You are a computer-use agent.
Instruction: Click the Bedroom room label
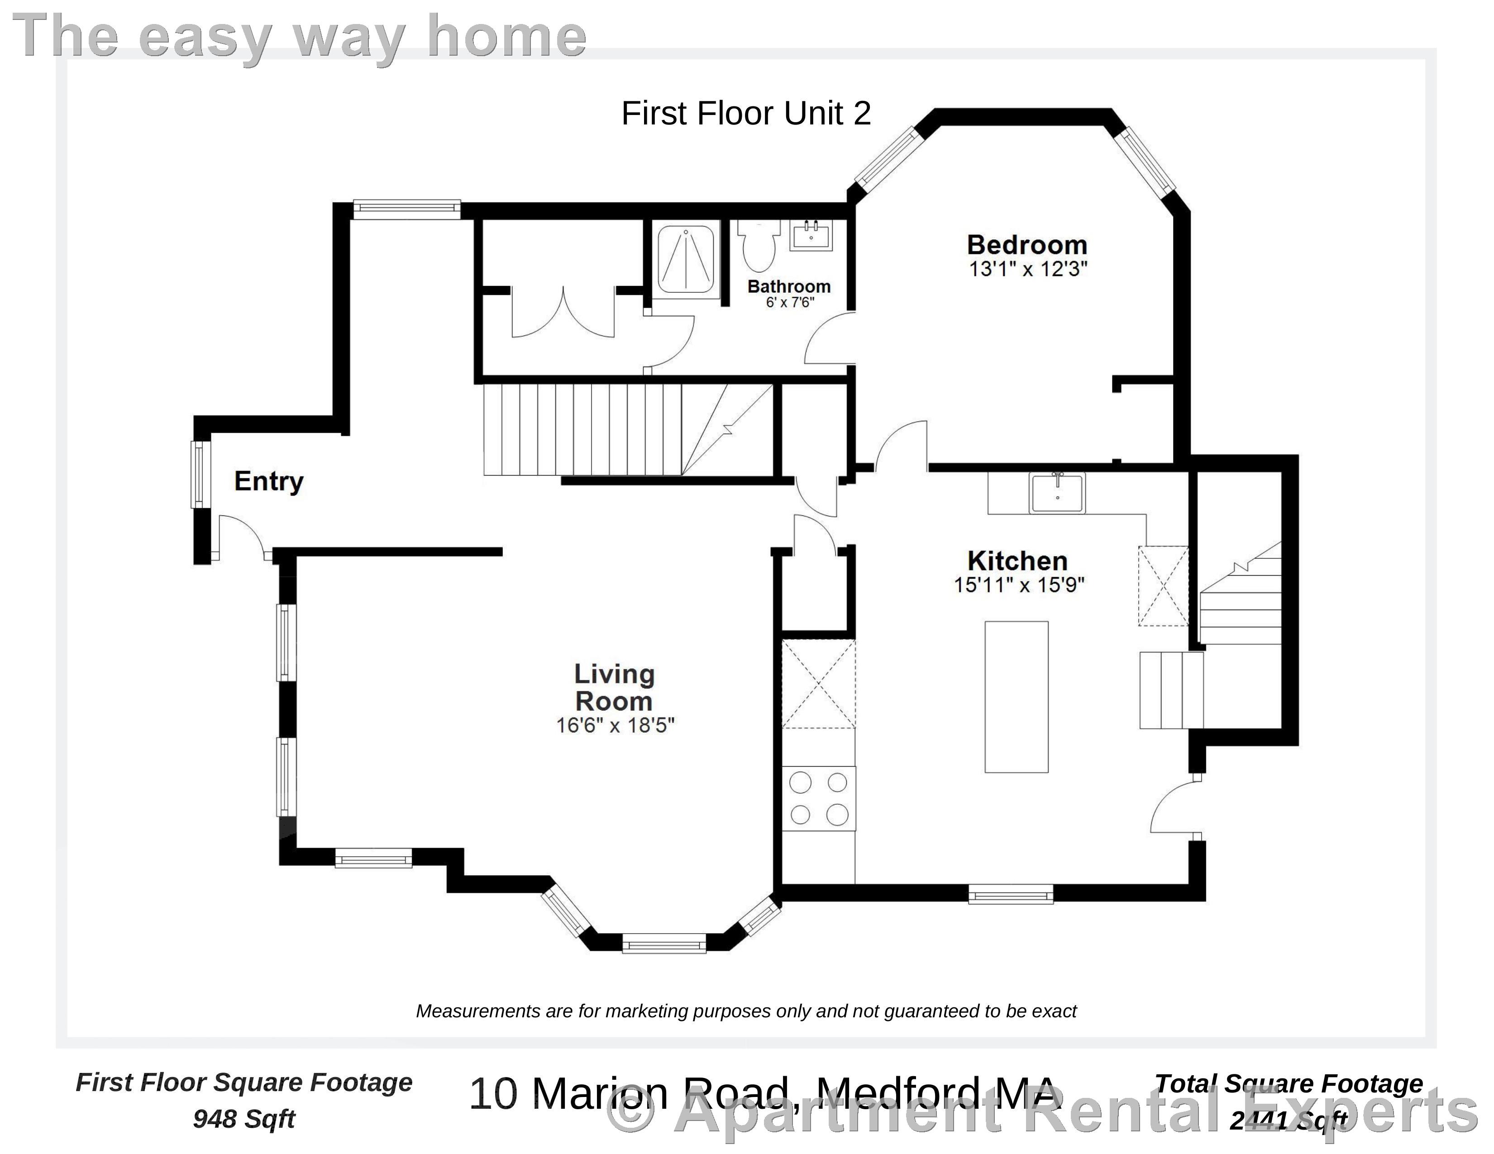[x=1026, y=245]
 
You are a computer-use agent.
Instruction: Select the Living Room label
[x=614, y=687]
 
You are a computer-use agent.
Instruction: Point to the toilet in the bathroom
[x=758, y=245]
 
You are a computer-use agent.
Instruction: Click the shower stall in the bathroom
[x=685, y=260]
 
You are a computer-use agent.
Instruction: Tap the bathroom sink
[x=811, y=236]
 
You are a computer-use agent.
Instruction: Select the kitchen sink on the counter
[x=1057, y=492]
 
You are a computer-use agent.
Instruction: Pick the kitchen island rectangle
[x=1016, y=696]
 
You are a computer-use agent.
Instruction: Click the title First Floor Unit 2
[x=745, y=114]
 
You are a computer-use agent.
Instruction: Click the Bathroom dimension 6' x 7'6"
[x=789, y=302]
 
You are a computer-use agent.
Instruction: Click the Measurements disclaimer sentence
[x=745, y=1011]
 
